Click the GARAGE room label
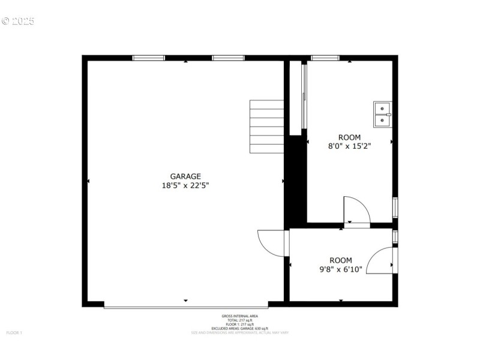(x=185, y=176)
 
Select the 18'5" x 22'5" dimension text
(x=185, y=186)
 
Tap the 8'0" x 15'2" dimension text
(x=349, y=146)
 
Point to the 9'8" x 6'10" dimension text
(x=340, y=269)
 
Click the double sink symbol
(x=382, y=115)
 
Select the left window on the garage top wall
(x=148, y=58)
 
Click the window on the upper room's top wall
(x=325, y=58)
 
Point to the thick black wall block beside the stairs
(x=295, y=180)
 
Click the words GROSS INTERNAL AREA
(x=240, y=316)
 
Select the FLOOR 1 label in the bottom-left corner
(x=14, y=332)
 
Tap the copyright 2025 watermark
(x=18, y=21)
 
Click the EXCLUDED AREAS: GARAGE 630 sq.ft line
(x=240, y=328)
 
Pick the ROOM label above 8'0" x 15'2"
(x=349, y=137)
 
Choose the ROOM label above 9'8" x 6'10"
(x=340, y=260)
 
